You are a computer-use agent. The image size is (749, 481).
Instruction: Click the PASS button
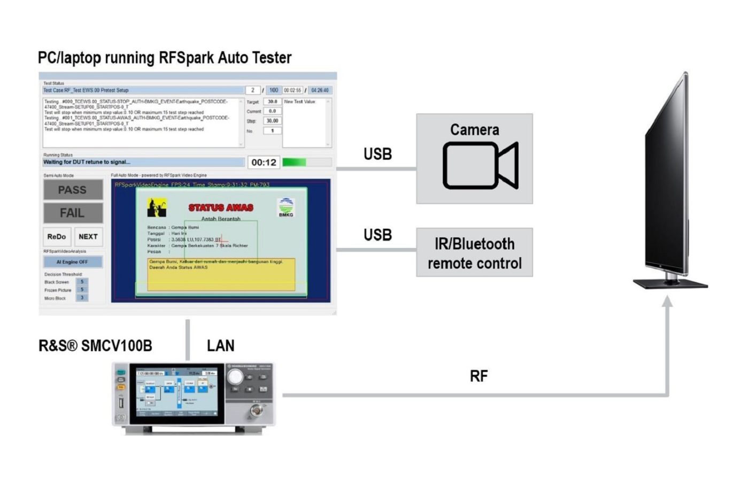pyautogui.click(x=73, y=190)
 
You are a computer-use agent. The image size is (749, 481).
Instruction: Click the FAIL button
pyautogui.click(x=73, y=213)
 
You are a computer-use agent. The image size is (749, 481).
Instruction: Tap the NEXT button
pyautogui.click(x=88, y=237)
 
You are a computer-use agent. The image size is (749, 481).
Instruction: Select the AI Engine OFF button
pyautogui.click(x=73, y=262)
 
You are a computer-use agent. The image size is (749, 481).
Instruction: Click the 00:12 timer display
pyautogui.click(x=264, y=162)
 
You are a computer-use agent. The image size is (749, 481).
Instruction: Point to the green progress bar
pyautogui.click(x=294, y=162)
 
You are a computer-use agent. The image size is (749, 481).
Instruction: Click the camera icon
pyautogui.click(x=480, y=165)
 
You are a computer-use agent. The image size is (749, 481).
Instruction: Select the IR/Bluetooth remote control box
pyautogui.click(x=474, y=253)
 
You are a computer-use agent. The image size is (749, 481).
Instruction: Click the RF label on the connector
pyautogui.click(x=478, y=376)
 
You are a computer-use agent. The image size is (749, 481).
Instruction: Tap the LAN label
pyautogui.click(x=220, y=346)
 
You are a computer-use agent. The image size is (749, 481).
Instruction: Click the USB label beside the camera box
pyautogui.click(x=377, y=154)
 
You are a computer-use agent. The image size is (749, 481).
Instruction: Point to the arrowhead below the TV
pyautogui.click(x=667, y=301)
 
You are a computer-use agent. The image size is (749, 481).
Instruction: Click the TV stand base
pyautogui.click(x=670, y=283)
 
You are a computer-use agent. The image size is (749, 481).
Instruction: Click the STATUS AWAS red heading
pyautogui.click(x=221, y=207)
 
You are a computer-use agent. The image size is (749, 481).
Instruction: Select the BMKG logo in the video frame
pyautogui.click(x=286, y=207)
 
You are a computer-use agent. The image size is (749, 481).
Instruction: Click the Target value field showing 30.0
pyautogui.click(x=272, y=102)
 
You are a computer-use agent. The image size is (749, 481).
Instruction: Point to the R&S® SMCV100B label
pyautogui.click(x=95, y=346)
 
